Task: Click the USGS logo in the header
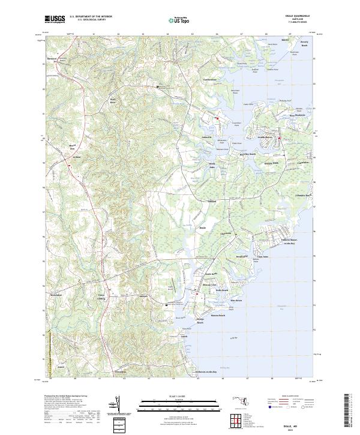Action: (55, 20)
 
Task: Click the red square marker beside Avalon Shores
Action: (280, 139)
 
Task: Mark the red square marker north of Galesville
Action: (217, 119)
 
